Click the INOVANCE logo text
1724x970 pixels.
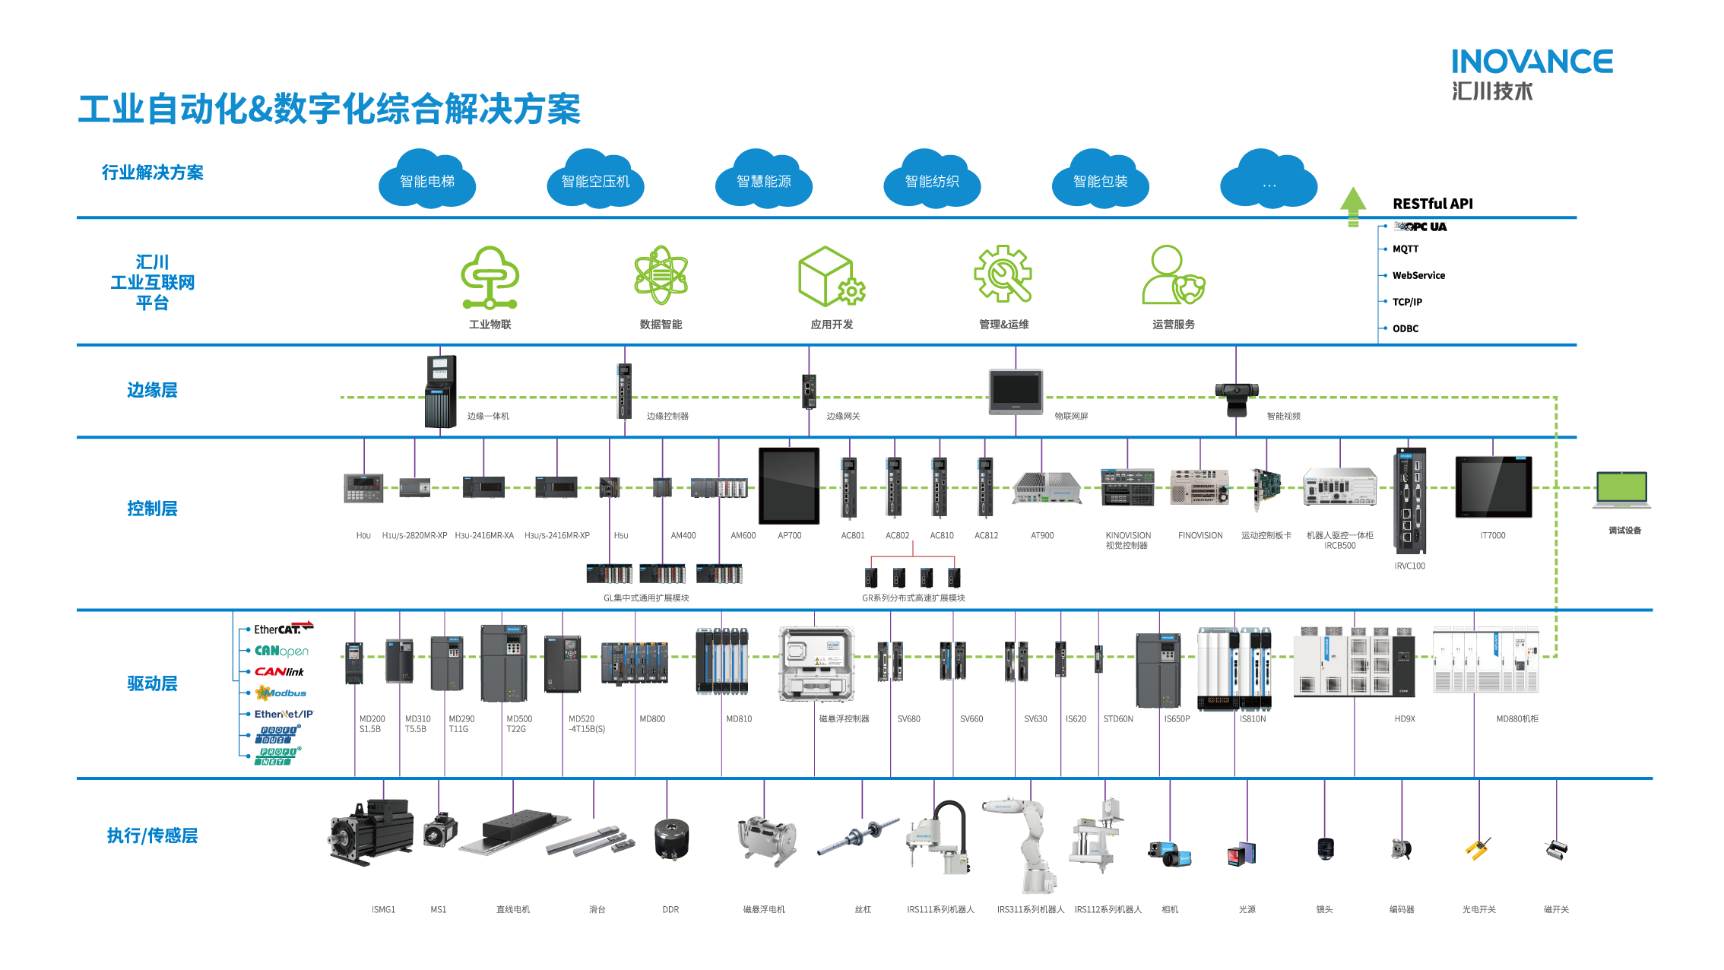1532,62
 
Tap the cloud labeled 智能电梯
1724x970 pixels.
427,180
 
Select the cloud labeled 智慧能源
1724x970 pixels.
764,180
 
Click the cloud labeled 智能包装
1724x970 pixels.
1100,180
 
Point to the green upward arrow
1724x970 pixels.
1353,206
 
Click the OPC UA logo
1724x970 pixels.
1420,227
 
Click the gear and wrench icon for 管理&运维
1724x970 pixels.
1003,274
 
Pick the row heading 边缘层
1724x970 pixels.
152,391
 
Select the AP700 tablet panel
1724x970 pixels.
789,486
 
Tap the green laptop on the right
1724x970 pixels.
1622,491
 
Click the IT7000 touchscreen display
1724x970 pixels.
1493,487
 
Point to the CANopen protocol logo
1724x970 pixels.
282,651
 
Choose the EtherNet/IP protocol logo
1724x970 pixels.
284,715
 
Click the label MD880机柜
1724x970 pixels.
1516,719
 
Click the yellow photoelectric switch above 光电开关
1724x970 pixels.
1478,848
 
